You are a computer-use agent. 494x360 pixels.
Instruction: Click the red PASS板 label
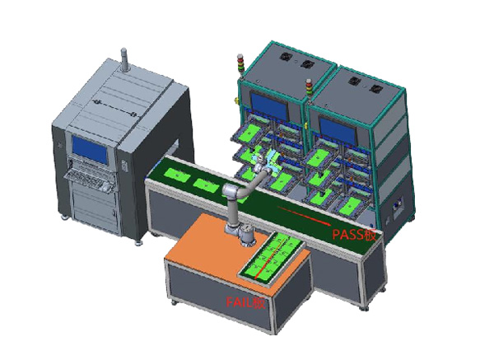point(354,235)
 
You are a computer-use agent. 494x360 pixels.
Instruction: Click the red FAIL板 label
point(245,303)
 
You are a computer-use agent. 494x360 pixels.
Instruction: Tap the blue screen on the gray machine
point(90,149)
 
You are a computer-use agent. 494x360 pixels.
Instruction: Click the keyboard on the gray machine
point(90,180)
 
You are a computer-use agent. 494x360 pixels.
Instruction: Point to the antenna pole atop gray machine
point(124,59)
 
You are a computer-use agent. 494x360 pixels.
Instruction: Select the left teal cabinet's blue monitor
point(269,106)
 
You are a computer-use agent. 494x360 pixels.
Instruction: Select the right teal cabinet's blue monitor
point(338,130)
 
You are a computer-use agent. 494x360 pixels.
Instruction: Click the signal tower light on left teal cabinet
point(240,64)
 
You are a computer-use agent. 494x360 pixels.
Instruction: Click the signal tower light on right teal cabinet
point(309,89)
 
